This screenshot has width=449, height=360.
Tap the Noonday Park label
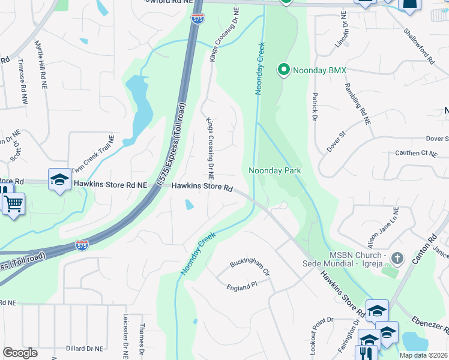click(x=275, y=171)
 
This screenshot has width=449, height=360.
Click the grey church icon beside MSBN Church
click(x=397, y=259)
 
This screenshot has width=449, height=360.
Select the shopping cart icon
click(x=13, y=203)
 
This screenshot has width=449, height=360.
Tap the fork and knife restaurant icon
click(x=366, y=352)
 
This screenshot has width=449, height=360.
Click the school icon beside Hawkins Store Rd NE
click(x=59, y=179)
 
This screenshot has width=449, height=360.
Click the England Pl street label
click(x=242, y=287)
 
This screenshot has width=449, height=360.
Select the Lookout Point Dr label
click(x=313, y=338)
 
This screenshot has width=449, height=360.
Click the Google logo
click(x=20, y=353)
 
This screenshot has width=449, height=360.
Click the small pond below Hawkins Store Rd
click(x=190, y=205)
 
